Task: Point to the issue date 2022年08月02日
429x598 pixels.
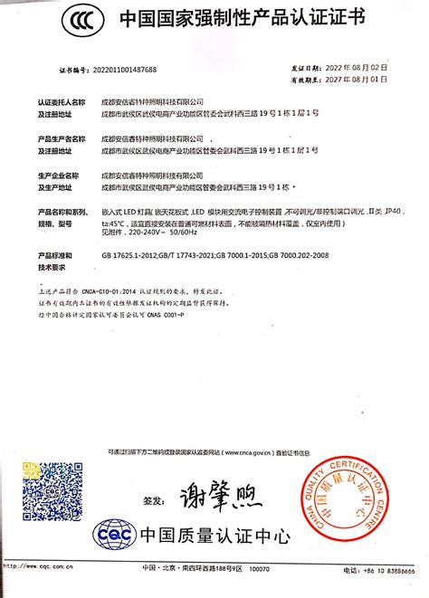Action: [x=357, y=67]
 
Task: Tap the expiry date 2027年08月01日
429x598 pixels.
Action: [x=357, y=79]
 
